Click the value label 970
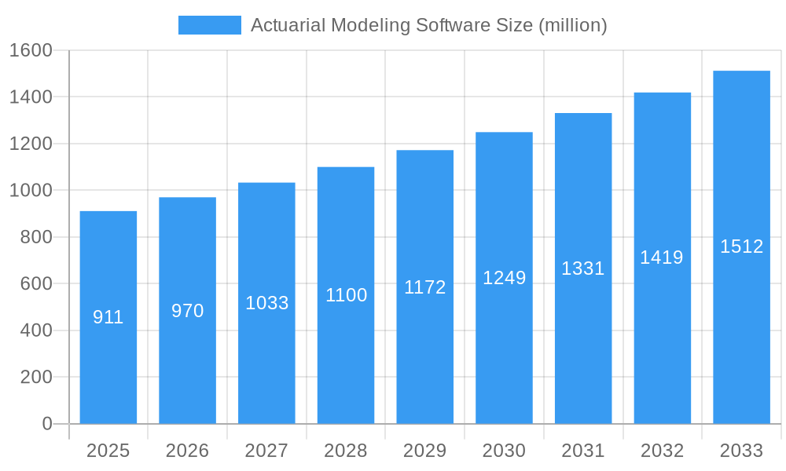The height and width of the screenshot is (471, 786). click(188, 311)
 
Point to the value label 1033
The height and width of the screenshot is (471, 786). click(267, 303)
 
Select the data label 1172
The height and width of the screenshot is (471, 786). click(425, 287)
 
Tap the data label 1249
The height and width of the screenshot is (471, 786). click(505, 278)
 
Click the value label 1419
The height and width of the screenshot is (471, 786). click(662, 257)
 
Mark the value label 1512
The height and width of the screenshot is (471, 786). click(742, 246)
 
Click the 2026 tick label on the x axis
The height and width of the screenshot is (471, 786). click(188, 451)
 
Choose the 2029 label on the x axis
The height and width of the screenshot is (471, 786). click(425, 451)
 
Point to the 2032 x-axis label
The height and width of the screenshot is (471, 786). click(662, 451)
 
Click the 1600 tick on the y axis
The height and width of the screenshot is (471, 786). click(31, 50)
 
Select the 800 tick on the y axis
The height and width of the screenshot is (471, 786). click(36, 237)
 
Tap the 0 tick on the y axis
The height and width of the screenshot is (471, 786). click(47, 424)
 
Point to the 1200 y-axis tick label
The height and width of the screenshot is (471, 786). click(31, 144)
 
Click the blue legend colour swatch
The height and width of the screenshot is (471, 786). click(210, 25)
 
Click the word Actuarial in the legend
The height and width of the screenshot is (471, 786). click(288, 25)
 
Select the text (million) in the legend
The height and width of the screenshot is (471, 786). click(572, 25)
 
